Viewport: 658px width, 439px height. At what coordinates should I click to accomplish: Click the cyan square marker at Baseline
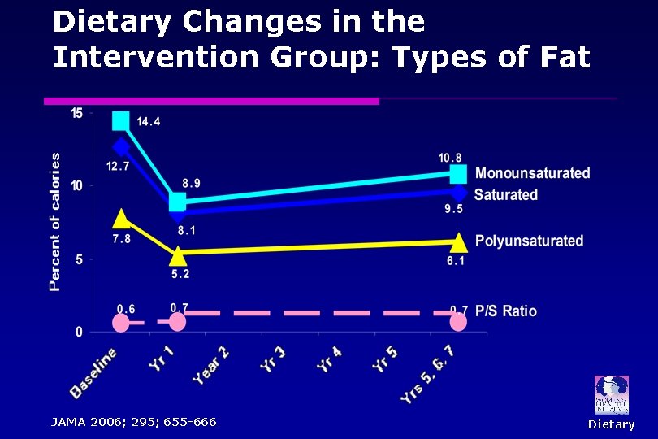pyautogui.click(x=121, y=121)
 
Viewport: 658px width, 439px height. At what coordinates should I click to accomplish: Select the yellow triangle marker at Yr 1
pyautogui.click(x=178, y=256)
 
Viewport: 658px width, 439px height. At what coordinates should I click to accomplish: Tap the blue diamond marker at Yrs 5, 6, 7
pyautogui.click(x=458, y=193)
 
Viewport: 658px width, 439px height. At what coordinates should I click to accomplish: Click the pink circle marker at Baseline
pyautogui.click(x=121, y=323)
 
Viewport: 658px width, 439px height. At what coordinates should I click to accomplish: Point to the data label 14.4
pyautogui.click(x=148, y=122)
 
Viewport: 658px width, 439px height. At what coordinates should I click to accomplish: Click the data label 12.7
pyautogui.click(x=118, y=167)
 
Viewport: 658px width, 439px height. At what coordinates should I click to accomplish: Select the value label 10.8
pyautogui.click(x=450, y=158)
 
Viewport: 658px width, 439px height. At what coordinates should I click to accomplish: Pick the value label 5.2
pyautogui.click(x=180, y=274)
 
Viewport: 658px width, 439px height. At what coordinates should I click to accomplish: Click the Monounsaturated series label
pyautogui.click(x=532, y=173)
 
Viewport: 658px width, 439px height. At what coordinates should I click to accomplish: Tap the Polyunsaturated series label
pyautogui.click(x=529, y=241)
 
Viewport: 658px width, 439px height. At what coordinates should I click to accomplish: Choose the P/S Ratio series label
pyautogui.click(x=505, y=311)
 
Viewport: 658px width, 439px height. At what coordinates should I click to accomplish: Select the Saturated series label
pyautogui.click(x=505, y=195)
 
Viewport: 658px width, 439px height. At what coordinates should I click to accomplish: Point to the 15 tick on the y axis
pyautogui.click(x=76, y=113)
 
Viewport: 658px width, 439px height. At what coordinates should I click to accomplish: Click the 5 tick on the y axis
pyautogui.click(x=78, y=259)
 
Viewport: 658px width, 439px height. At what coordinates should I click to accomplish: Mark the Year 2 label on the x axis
pyautogui.click(x=210, y=365)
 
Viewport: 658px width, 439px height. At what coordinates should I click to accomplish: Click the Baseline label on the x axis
pyautogui.click(x=93, y=372)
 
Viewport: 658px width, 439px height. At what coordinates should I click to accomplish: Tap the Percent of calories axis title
pyautogui.click(x=55, y=221)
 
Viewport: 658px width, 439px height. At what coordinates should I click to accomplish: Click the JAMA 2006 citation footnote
pyautogui.click(x=133, y=422)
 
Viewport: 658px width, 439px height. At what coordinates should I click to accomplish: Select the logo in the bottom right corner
pyautogui.click(x=611, y=395)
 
